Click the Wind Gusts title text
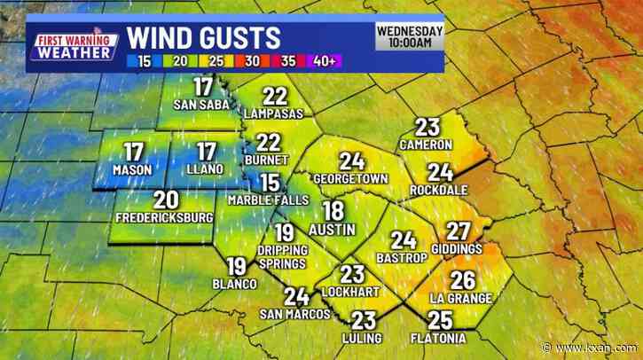coord(204,37)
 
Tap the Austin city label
coord(333,230)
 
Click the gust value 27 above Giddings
coord(458,231)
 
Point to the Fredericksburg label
coord(163,217)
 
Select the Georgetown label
coord(352,178)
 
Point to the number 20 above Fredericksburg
coord(165,200)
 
